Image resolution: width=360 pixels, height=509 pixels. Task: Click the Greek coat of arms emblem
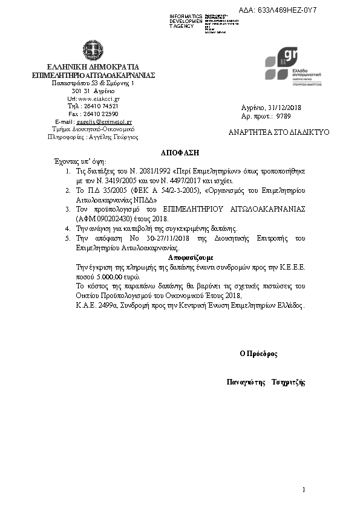(93, 51)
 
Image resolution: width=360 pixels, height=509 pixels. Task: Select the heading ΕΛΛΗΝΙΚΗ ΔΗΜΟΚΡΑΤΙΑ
(94, 66)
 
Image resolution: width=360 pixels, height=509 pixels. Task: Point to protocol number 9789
(283, 115)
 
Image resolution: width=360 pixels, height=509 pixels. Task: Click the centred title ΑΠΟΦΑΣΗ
(180, 152)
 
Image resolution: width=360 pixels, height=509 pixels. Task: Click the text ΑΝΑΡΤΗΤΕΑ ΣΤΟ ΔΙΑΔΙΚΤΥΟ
(279, 132)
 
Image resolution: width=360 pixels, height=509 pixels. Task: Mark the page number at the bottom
(304, 489)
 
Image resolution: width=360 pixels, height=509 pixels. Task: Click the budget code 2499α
(108, 305)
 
